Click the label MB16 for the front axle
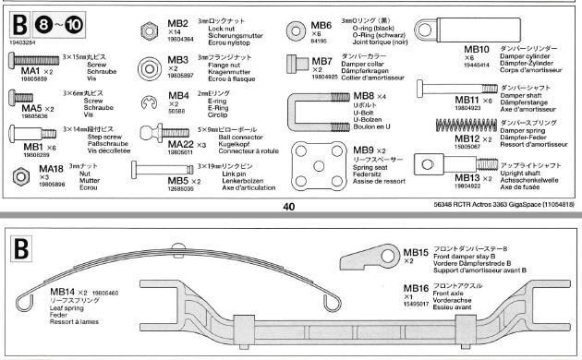[x=418, y=290]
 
